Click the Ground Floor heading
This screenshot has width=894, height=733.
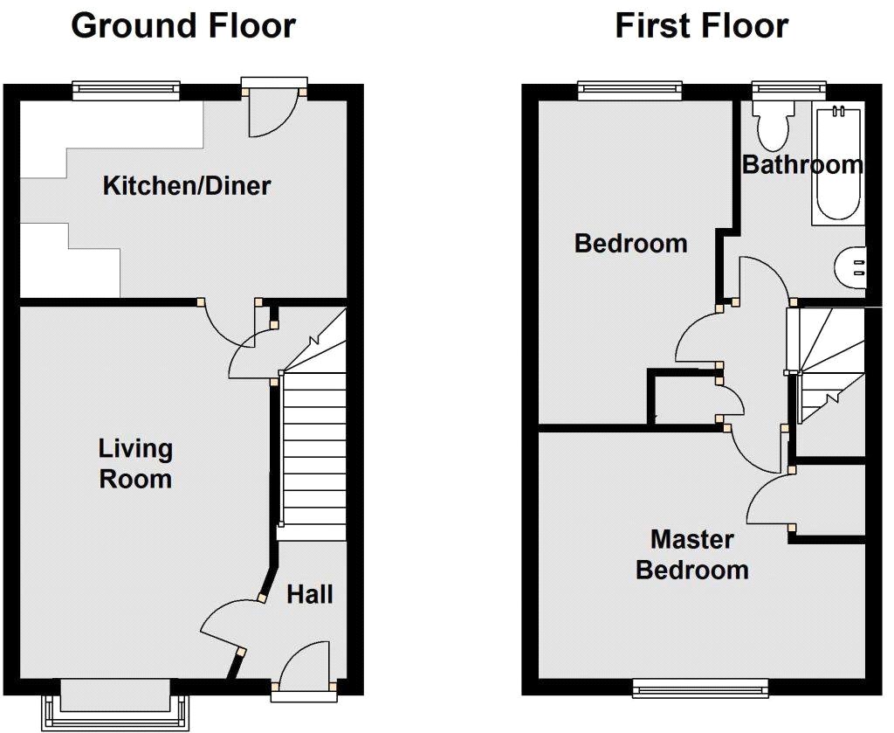(183, 26)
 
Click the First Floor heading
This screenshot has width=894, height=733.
(702, 26)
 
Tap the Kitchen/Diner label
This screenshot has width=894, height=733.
(187, 186)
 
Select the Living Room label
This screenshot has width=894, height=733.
(135, 464)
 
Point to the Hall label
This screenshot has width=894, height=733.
(310, 595)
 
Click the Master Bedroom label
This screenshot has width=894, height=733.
(692, 555)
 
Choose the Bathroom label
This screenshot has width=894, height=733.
(801, 165)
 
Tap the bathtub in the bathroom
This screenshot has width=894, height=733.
(837, 163)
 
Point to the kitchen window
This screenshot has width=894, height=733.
(126, 89)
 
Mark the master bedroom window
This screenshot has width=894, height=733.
(701, 688)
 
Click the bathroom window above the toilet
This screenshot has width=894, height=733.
(789, 88)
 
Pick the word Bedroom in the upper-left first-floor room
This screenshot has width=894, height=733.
(630, 243)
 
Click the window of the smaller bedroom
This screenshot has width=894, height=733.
(630, 88)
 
